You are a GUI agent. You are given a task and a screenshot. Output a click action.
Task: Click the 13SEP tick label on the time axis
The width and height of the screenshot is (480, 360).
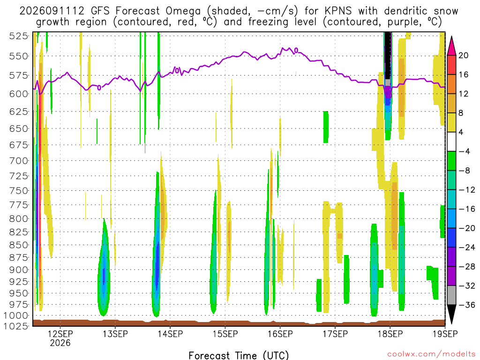tap(115, 334)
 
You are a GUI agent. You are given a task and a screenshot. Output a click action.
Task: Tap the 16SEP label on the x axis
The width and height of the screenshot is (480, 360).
tap(280, 334)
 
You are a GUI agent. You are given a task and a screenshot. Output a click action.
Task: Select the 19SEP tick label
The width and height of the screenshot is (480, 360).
tap(445, 334)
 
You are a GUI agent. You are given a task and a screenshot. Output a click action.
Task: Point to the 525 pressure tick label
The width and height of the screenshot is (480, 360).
tap(19, 36)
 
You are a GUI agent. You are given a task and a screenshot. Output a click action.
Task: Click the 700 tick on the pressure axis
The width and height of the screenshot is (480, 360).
tap(19, 160)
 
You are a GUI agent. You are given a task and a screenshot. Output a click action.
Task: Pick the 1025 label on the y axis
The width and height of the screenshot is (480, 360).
tap(16, 326)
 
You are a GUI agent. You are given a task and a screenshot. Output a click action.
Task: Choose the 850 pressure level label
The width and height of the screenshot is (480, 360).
tap(19, 245)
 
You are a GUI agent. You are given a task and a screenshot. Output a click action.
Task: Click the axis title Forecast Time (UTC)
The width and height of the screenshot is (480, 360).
tap(239, 355)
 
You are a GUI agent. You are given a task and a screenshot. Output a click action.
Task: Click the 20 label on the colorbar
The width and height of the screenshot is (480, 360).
tap(463, 55)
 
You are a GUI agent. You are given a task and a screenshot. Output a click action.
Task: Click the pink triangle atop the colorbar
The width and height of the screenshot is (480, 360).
tap(451, 46)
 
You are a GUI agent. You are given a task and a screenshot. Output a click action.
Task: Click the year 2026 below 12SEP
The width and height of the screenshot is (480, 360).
tap(60, 343)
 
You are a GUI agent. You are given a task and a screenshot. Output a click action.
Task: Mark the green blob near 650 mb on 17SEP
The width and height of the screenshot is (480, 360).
tap(326, 127)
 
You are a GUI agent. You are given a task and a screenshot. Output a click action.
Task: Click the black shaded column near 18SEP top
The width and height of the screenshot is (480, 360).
tap(388, 55)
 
